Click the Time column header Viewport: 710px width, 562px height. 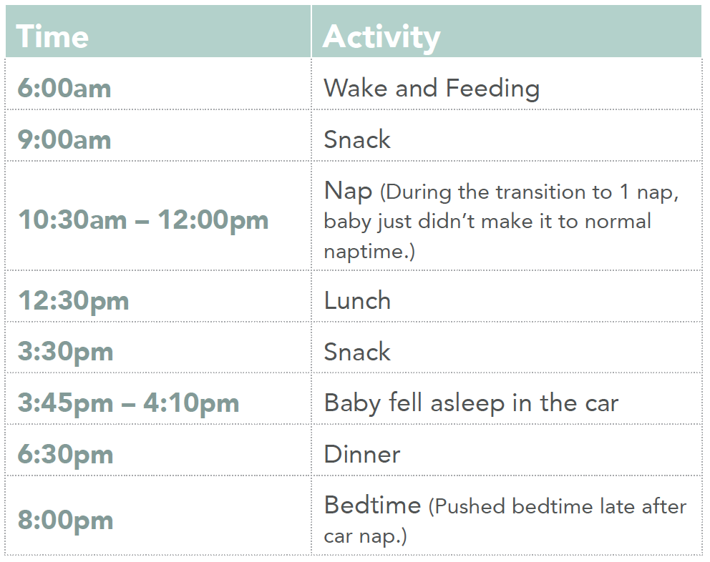(x=52, y=36)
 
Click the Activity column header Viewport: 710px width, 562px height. (x=381, y=38)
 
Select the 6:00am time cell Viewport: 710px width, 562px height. (x=64, y=88)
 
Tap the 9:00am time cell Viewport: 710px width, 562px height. (x=64, y=139)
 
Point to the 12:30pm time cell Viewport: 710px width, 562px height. (x=73, y=301)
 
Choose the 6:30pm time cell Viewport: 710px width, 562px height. (x=65, y=455)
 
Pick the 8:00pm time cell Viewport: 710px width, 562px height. (x=65, y=521)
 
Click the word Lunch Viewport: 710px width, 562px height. (x=357, y=300)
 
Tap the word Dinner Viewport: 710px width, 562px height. (x=362, y=454)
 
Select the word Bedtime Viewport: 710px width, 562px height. (x=373, y=505)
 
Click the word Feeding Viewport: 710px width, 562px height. (x=492, y=89)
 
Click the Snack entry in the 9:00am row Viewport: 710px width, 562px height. (x=357, y=139)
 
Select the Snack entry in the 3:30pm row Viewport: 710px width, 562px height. (x=357, y=352)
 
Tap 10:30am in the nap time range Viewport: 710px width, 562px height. (x=72, y=220)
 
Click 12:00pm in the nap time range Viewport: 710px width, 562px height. (x=213, y=221)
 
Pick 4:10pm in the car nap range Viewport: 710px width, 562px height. (x=191, y=404)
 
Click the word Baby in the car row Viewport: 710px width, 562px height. (x=352, y=404)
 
